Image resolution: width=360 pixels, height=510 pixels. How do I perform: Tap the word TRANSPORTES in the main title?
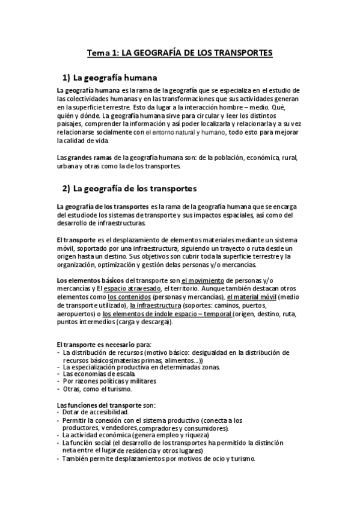(x=240, y=54)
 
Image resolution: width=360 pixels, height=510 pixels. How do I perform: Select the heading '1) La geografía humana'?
(x=109, y=78)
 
